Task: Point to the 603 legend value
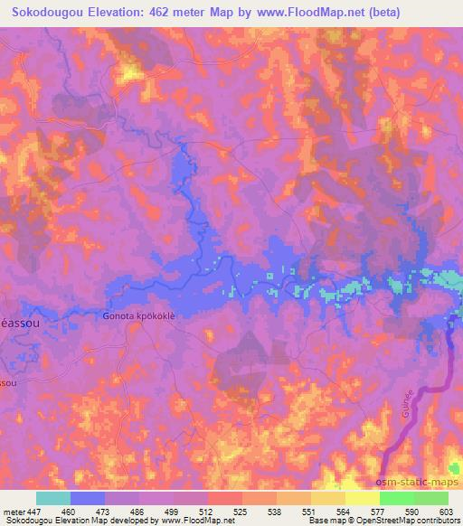(x=448, y=511)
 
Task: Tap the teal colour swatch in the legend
(x=52, y=498)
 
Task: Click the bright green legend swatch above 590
(x=396, y=498)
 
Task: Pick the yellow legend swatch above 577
(x=362, y=498)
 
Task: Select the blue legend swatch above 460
(x=87, y=498)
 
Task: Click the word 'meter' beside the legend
(x=13, y=511)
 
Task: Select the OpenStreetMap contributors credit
(x=405, y=521)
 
